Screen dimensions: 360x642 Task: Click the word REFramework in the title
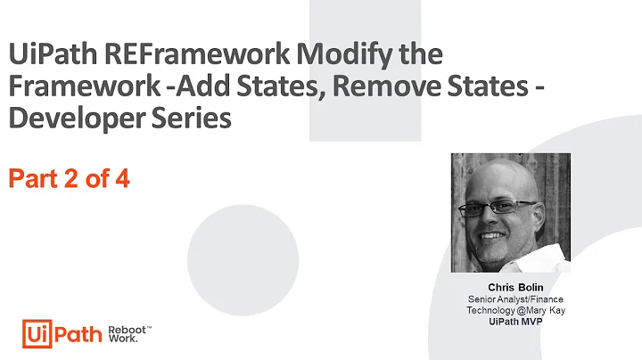click(166, 54)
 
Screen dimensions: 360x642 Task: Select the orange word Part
click(32, 179)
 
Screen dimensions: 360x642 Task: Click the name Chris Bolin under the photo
click(509, 287)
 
